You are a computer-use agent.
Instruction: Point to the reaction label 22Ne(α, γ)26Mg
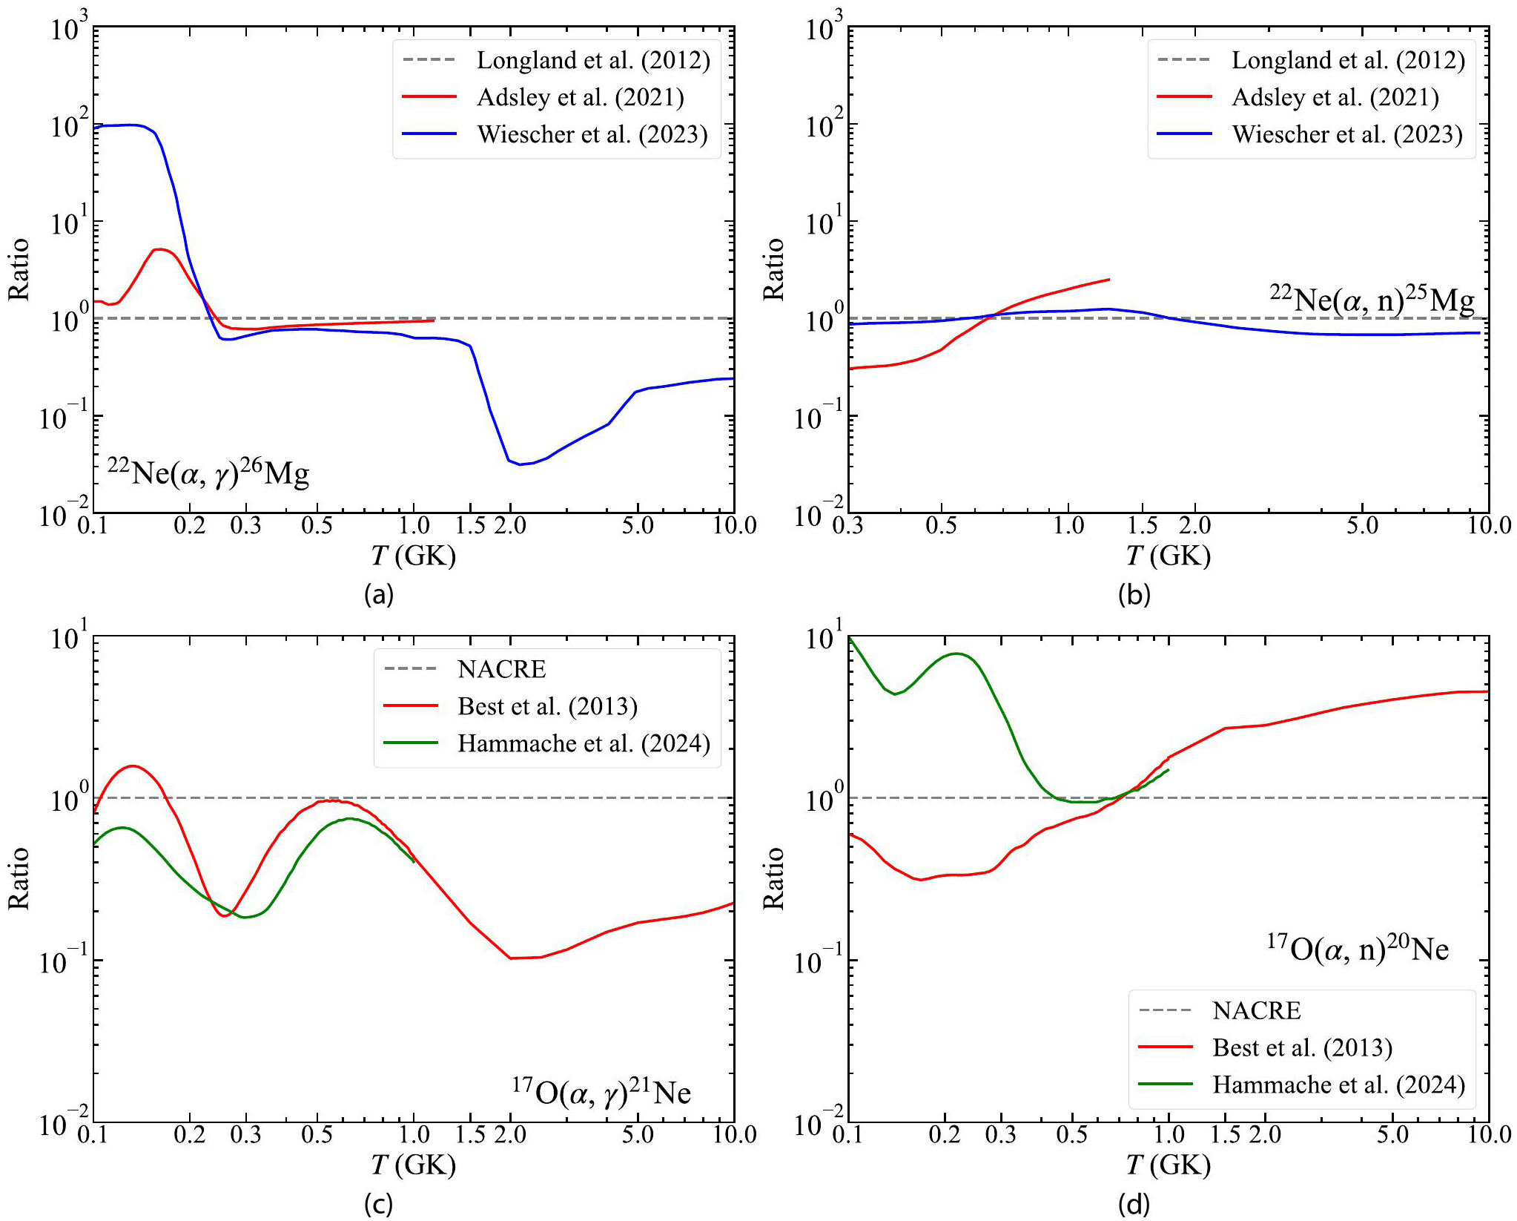(x=208, y=473)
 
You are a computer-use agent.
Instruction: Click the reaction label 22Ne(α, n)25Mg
(x=1372, y=300)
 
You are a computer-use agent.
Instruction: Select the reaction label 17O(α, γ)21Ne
(x=601, y=1093)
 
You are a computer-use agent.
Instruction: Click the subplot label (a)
(x=379, y=594)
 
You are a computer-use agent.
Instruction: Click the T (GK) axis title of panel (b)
(x=1168, y=556)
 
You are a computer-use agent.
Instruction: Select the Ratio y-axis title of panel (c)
(x=19, y=878)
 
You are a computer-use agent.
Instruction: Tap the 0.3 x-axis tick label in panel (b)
(x=849, y=526)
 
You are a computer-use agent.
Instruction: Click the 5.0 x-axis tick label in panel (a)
(x=638, y=526)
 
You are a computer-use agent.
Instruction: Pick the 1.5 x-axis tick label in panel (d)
(x=1226, y=1135)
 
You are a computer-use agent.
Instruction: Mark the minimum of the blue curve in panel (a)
(x=520, y=464)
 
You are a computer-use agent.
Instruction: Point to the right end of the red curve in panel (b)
(x=1109, y=280)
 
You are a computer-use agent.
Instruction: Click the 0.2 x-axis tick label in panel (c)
(x=190, y=1135)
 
